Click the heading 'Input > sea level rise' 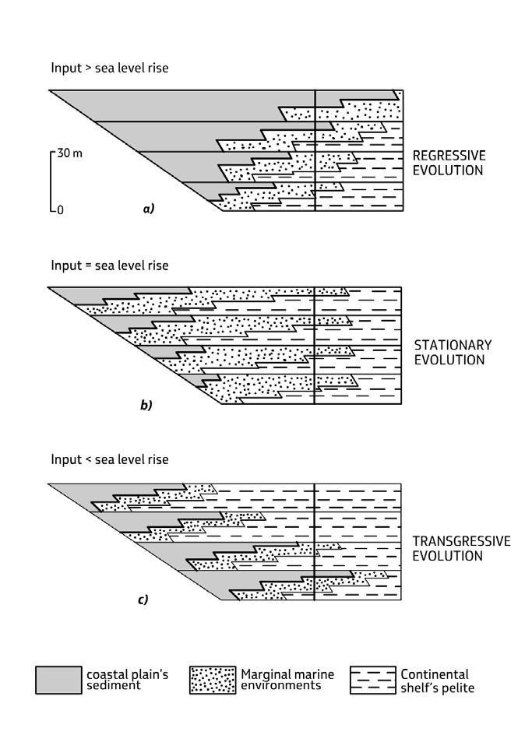pos(109,69)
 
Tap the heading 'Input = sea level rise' pos(109,266)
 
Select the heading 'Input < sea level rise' pos(109,459)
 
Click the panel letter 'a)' pos(148,209)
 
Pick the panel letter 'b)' pos(146,405)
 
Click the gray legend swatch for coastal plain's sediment pos(58,680)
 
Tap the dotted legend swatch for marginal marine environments pos(213,680)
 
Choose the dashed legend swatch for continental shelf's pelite pos(373,680)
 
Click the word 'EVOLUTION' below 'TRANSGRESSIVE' pos(448,556)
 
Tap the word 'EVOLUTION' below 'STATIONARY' pos(448,360)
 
